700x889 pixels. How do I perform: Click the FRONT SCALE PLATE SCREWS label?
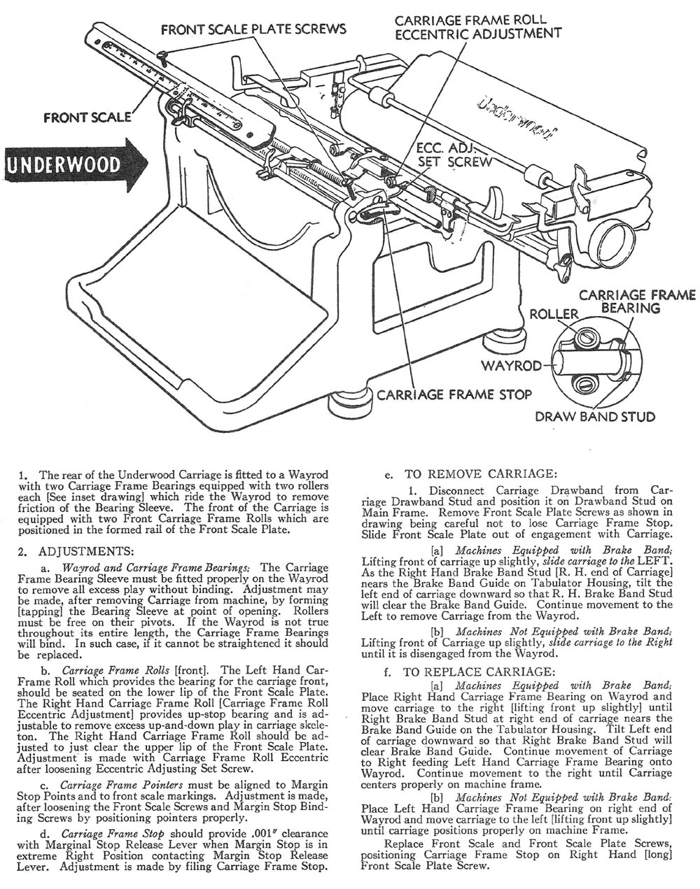[x=253, y=29]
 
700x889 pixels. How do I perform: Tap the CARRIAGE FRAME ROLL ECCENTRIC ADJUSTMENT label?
[x=477, y=26]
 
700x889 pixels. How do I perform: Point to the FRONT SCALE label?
[x=87, y=117]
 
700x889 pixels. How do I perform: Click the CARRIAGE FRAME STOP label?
[x=454, y=394]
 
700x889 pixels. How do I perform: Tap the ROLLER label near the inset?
[x=554, y=314]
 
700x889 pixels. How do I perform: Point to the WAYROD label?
[x=512, y=365]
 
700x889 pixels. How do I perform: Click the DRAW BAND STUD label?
[x=595, y=417]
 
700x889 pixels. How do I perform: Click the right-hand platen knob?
[x=606, y=241]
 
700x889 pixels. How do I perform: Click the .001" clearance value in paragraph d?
[x=248, y=834]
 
